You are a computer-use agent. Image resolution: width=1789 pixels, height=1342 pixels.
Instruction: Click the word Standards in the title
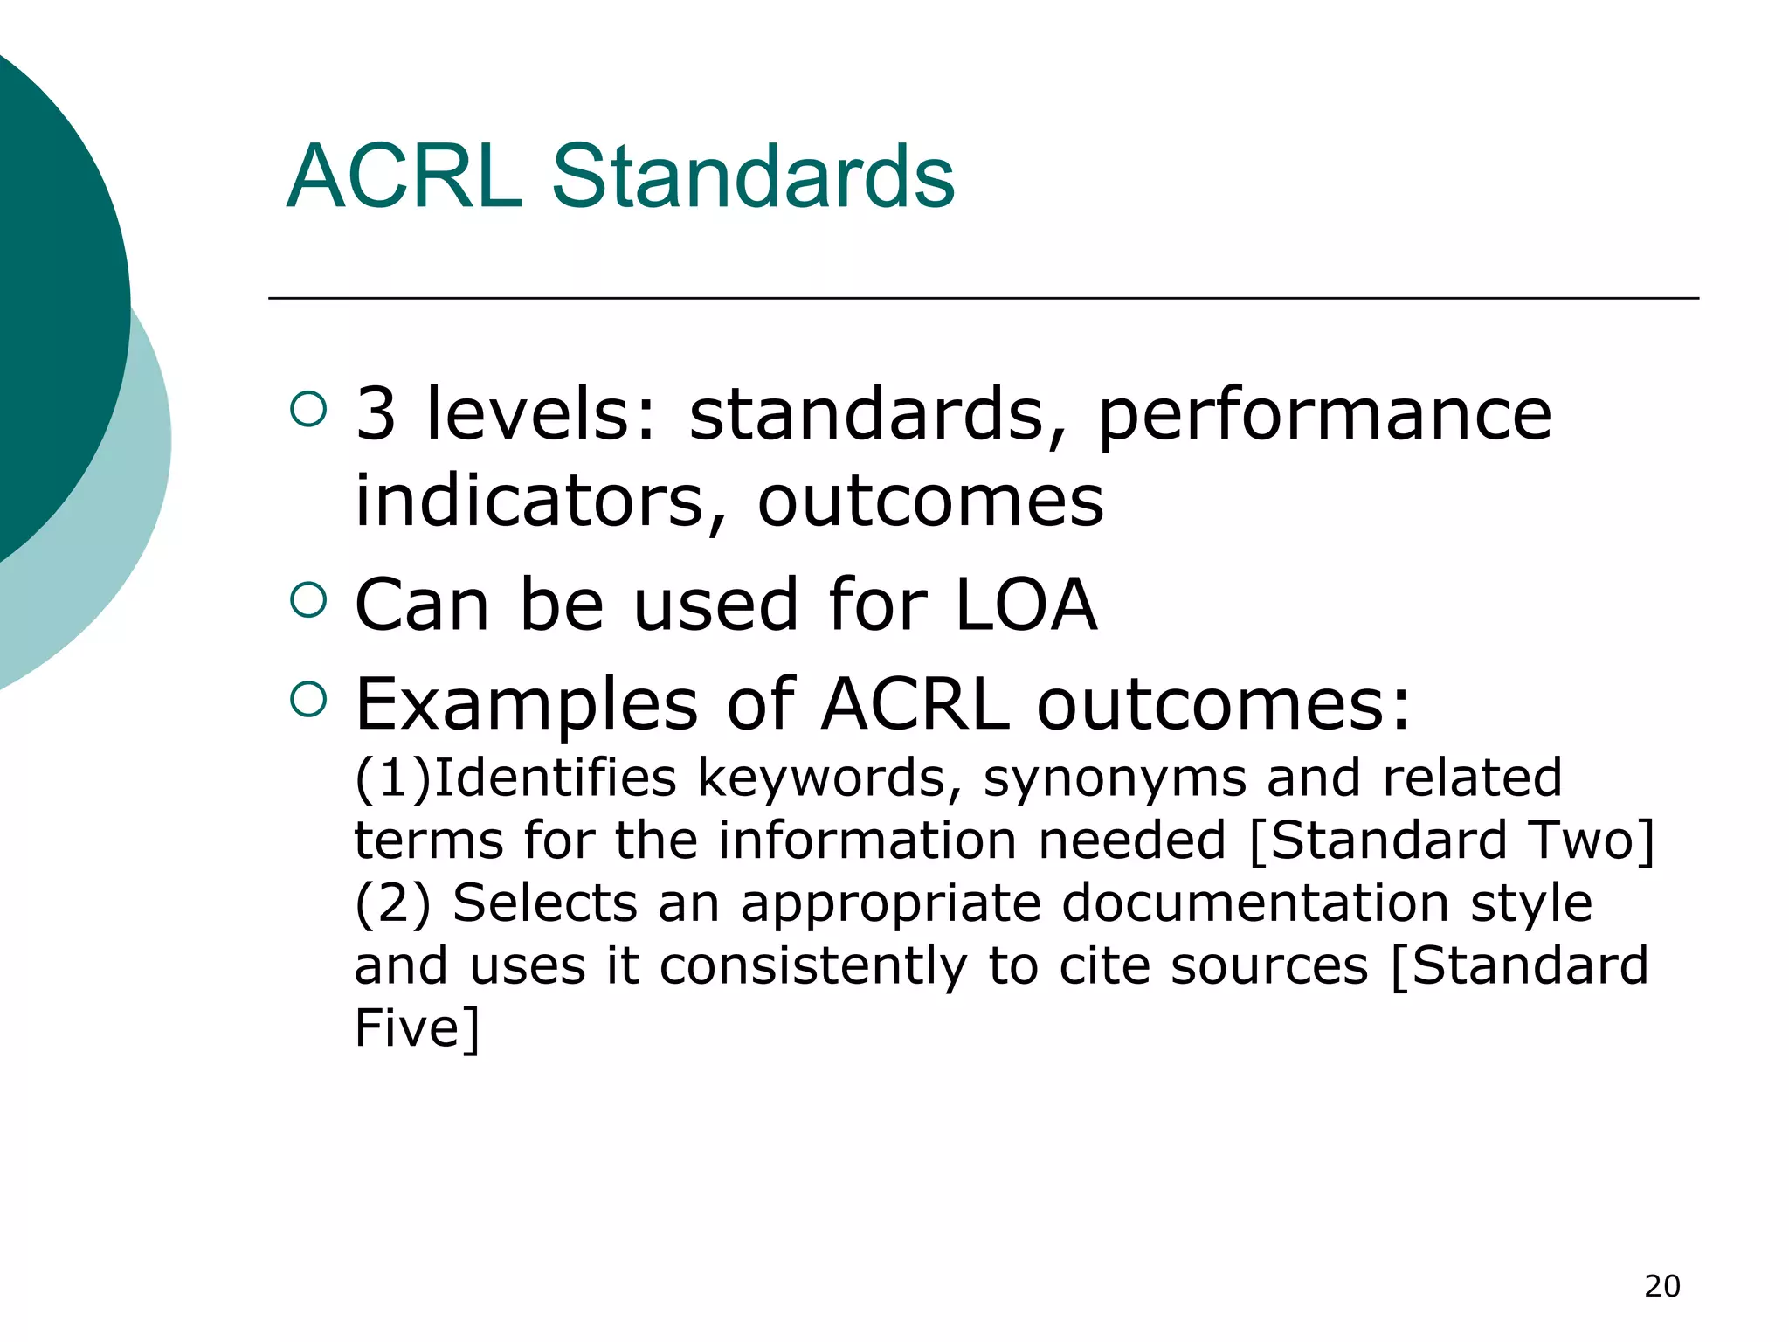[753, 177]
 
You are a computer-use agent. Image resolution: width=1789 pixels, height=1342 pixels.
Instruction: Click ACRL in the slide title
[404, 177]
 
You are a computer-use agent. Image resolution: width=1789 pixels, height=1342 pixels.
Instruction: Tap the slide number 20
[1661, 1286]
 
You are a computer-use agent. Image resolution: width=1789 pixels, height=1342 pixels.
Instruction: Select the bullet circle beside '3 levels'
[307, 409]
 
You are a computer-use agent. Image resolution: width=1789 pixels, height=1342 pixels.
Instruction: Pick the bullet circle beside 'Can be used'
[307, 599]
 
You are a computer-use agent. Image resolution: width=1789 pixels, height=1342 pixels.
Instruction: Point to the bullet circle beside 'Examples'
[307, 699]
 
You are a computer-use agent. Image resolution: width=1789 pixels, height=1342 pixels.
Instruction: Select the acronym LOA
[1026, 604]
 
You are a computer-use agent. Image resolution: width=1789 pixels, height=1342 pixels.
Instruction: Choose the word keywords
[822, 778]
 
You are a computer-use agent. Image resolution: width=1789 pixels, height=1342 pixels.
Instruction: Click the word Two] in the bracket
[1592, 840]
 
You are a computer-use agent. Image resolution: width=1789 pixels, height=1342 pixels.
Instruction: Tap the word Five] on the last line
[417, 1027]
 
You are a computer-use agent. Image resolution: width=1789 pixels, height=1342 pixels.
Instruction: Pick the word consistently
[813, 966]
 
